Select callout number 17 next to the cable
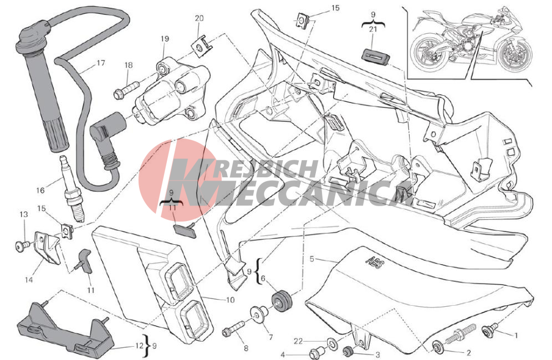pyautogui.click(x=101, y=64)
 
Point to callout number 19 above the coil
pyautogui.click(x=165, y=39)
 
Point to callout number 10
pyautogui.click(x=230, y=300)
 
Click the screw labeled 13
pyautogui.click(x=22, y=246)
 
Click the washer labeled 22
pyautogui.click(x=331, y=342)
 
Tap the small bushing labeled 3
pyautogui.click(x=349, y=352)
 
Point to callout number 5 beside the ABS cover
pyautogui.click(x=311, y=259)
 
